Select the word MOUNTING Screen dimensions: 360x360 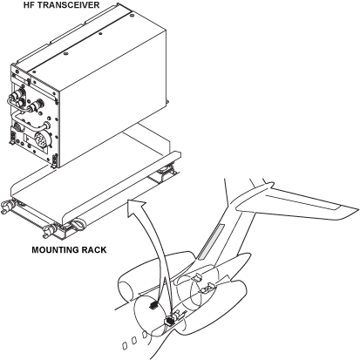(x=55, y=250)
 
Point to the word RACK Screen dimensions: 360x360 (x=94, y=250)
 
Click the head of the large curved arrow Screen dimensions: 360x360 (x=136, y=207)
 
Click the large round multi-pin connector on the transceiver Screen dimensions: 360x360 (x=42, y=140)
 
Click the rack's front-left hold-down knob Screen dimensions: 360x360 (x=6, y=207)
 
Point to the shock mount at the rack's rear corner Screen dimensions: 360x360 (x=167, y=169)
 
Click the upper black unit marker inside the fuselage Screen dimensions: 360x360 (x=153, y=305)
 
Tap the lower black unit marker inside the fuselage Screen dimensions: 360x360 (x=169, y=321)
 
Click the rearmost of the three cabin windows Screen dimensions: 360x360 (x=145, y=335)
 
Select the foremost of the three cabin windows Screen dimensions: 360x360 (x=124, y=346)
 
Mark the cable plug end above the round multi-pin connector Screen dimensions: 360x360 (x=46, y=126)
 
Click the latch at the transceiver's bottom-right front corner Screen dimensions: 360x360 (x=54, y=160)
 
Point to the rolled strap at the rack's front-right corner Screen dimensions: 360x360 (x=78, y=224)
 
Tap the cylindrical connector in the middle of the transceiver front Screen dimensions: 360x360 (x=37, y=105)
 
